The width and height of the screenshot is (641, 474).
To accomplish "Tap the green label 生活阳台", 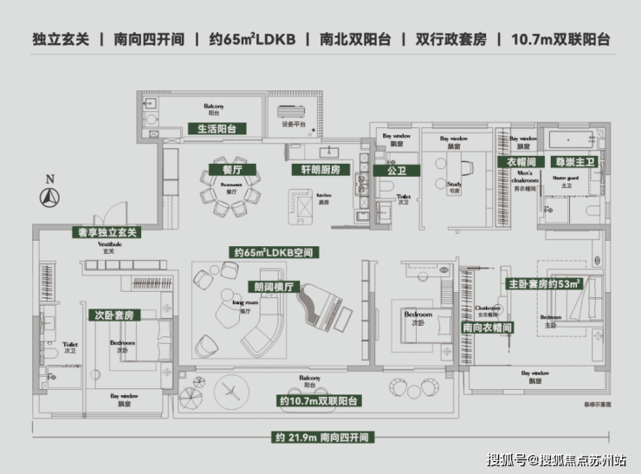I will [217, 129].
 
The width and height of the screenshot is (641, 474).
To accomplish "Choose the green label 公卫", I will [396, 171].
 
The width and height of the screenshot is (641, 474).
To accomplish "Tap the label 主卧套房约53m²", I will [544, 283].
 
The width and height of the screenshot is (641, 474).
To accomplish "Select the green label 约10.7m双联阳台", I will [320, 401].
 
